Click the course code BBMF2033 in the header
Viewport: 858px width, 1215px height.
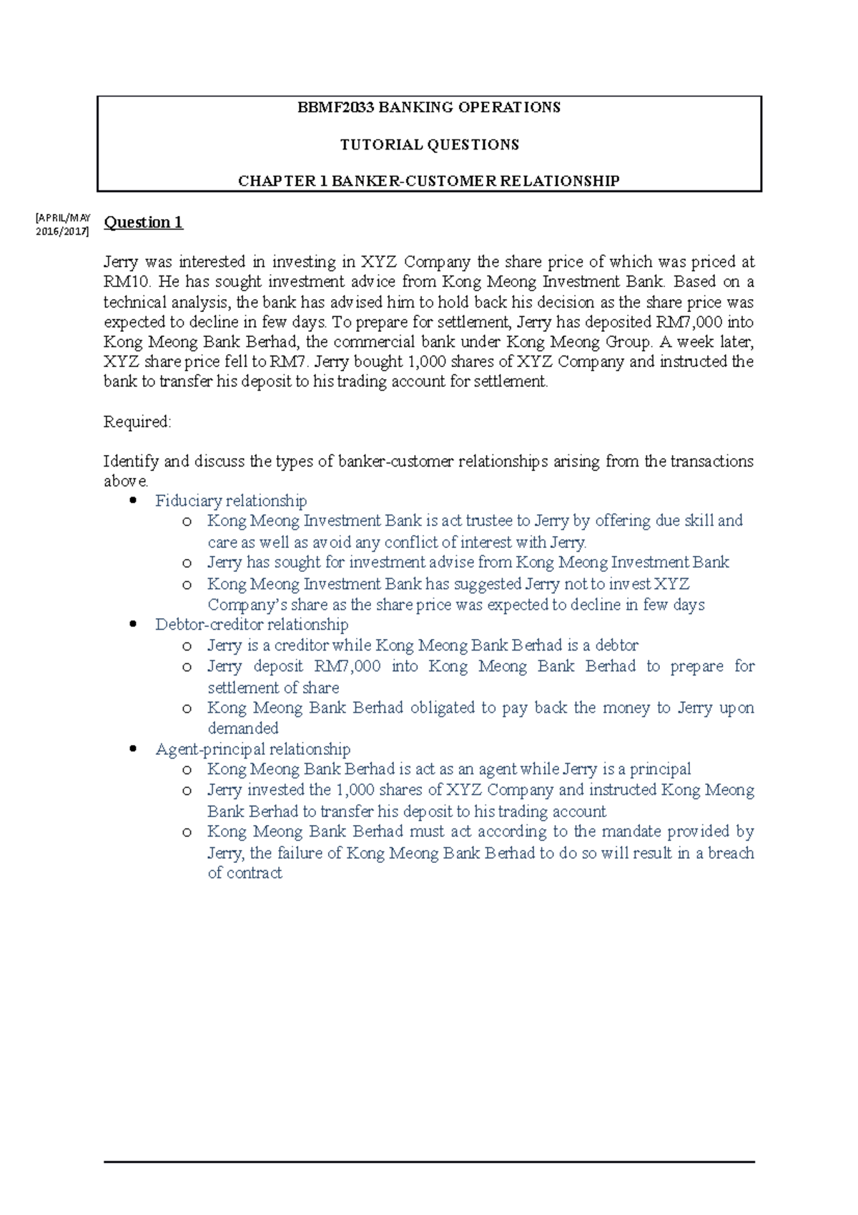[335, 107]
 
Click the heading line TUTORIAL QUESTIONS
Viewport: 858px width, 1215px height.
[429, 145]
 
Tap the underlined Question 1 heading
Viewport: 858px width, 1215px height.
[143, 223]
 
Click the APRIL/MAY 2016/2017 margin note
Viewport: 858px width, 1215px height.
[63, 225]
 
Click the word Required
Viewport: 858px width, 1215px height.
[137, 422]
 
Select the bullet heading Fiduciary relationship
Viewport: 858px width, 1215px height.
[231, 501]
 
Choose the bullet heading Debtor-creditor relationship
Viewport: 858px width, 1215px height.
[252, 625]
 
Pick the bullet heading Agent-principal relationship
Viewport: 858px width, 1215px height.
[252, 749]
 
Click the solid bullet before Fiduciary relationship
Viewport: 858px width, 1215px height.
[132, 501]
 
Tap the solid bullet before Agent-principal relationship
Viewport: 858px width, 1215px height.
[132, 749]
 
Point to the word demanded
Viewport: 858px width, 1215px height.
[243, 728]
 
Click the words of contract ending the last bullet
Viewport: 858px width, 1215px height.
[245, 873]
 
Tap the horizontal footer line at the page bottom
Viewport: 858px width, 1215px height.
[429, 1162]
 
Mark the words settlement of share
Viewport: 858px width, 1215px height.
[273, 688]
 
